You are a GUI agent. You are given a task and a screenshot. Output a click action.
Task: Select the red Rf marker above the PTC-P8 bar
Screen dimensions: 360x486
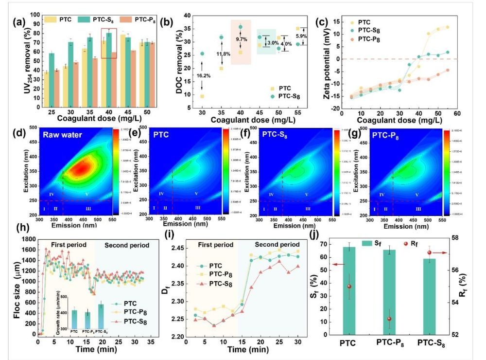pos(389,319)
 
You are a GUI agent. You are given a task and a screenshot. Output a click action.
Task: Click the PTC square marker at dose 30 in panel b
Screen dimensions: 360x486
pos(202,96)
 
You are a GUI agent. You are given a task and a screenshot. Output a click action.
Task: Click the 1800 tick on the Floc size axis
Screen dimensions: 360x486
pos(27,239)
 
